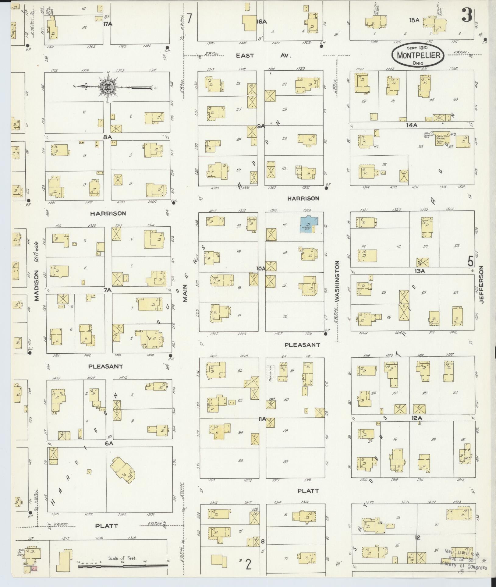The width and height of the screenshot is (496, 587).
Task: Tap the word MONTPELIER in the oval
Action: pos(418,55)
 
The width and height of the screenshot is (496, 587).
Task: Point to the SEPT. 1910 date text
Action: pos(418,48)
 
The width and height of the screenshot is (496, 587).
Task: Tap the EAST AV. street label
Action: pos(264,55)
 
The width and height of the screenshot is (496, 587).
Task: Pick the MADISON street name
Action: pos(37,285)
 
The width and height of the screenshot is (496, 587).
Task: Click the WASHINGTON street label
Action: pos(337,281)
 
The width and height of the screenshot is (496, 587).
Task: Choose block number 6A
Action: pos(109,444)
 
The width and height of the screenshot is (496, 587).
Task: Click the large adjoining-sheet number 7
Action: pos(190,19)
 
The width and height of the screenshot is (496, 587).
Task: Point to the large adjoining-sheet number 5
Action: pos(471,261)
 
